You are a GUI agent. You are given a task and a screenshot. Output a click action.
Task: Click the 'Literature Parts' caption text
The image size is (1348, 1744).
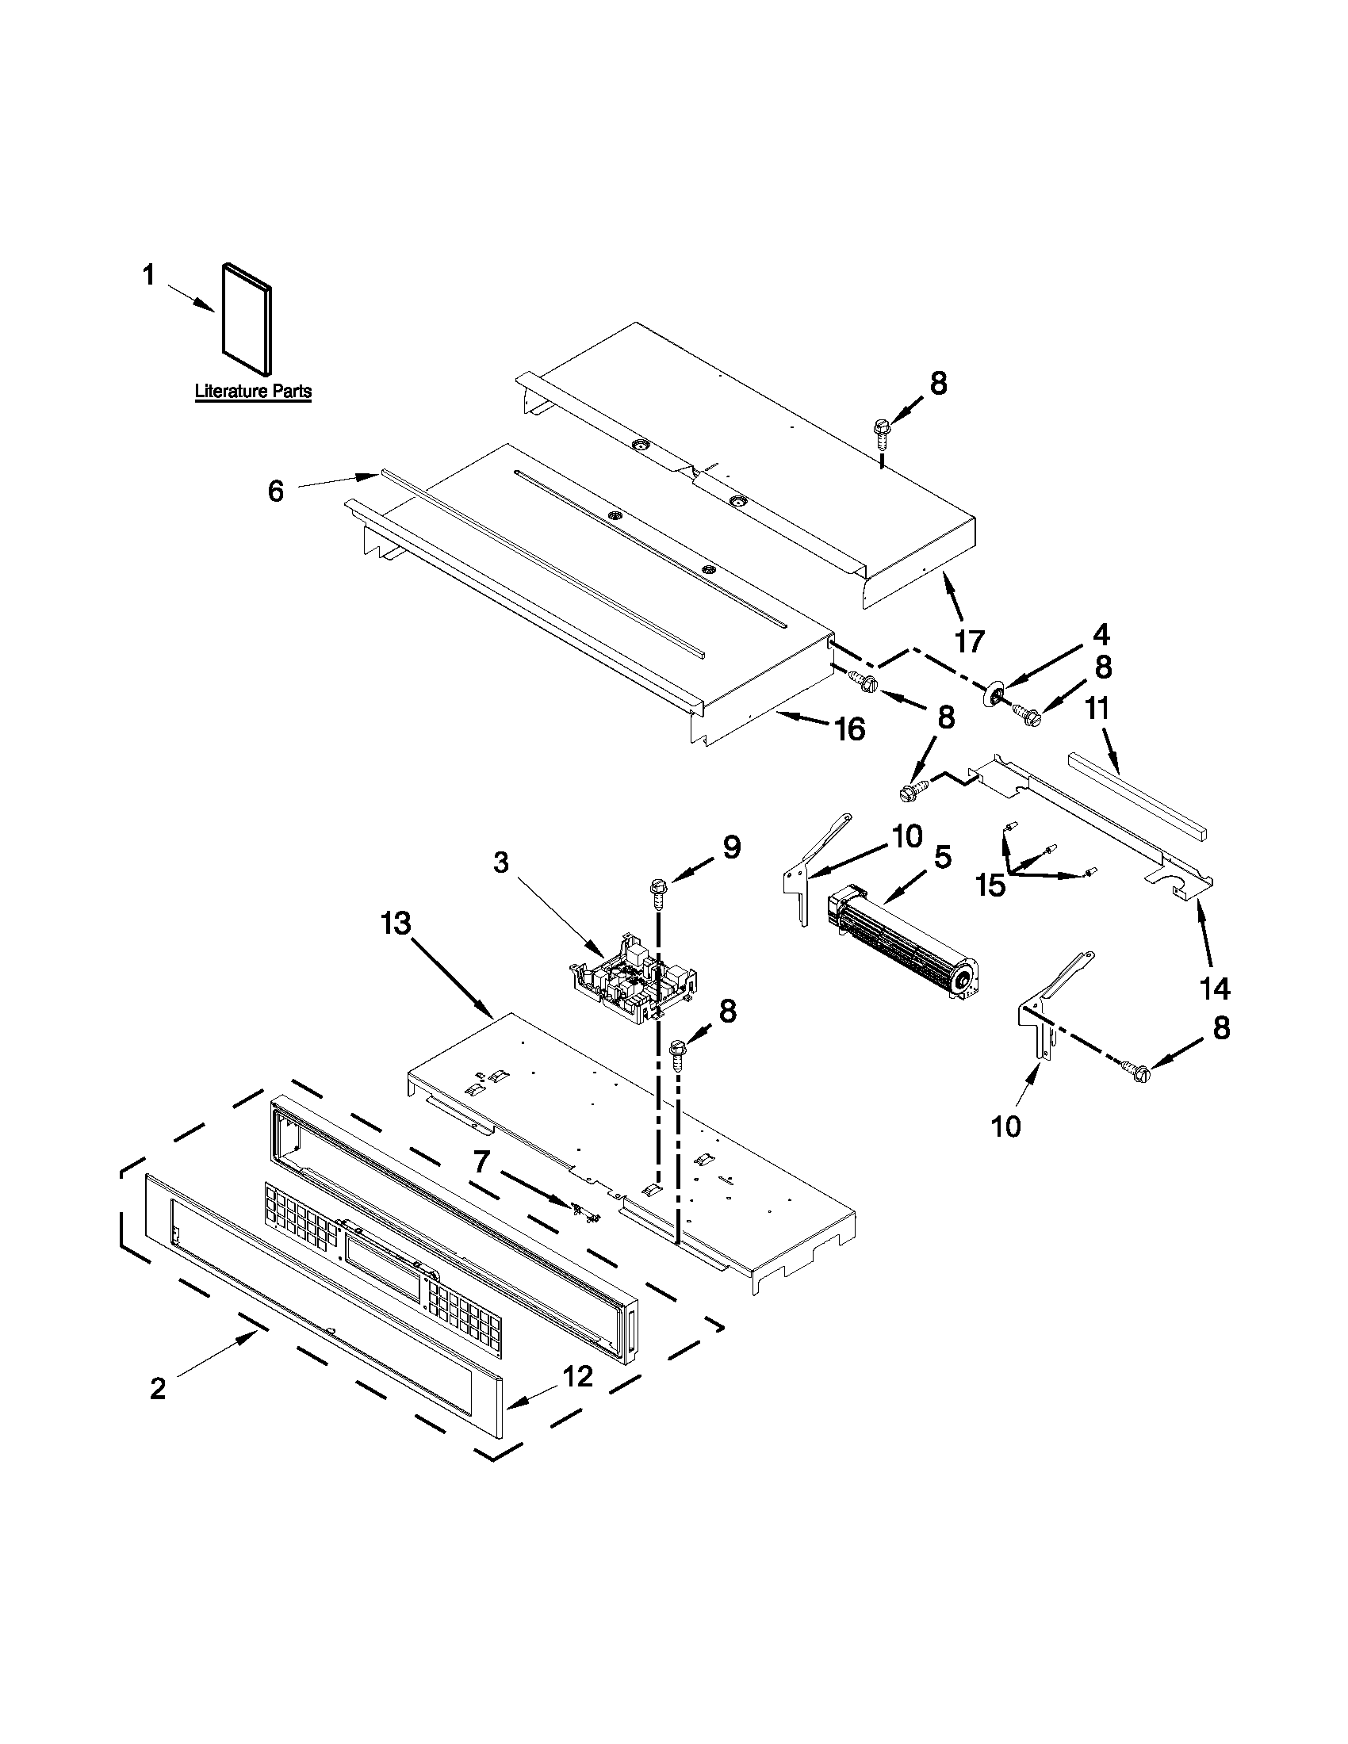click(x=253, y=392)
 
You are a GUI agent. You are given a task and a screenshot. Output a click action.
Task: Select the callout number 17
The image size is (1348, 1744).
click(x=970, y=641)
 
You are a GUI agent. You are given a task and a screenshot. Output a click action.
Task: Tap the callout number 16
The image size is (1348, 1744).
click(x=850, y=729)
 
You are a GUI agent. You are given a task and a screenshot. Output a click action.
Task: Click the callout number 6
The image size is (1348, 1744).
click(x=275, y=491)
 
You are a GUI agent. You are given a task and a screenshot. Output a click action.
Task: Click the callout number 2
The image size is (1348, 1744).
click(x=158, y=1390)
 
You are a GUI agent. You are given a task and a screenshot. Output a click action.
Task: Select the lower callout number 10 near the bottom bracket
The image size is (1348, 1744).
click(x=1006, y=1126)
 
